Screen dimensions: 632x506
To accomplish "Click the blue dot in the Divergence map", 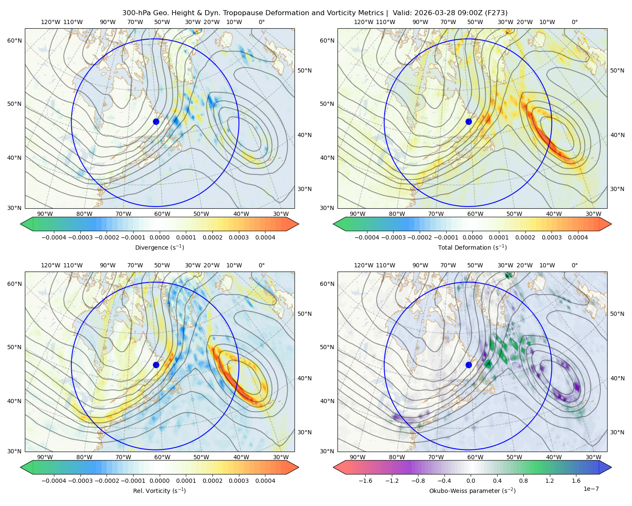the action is (x=156, y=121).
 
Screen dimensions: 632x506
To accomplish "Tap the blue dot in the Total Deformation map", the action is (x=469, y=121).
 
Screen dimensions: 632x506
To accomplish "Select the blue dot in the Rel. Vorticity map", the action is (x=156, y=365).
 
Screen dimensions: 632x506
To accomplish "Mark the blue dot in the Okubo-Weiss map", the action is (x=469, y=365).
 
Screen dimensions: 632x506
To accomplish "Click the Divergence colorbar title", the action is (x=159, y=247).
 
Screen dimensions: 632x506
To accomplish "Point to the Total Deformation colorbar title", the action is (x=472, y=247).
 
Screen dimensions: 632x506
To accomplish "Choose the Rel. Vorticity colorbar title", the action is (x=159, y=490).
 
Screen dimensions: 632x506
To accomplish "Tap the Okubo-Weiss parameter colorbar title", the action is (x=472, y=490).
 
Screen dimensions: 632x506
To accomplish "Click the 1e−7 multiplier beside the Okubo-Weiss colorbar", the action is (x=591, y=489).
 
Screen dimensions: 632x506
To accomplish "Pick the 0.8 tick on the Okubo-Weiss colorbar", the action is (x=523, y=480).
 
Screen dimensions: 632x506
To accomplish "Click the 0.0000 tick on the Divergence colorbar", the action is (x=159, y=237).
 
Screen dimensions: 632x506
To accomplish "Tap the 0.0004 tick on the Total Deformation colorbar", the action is (x=578, y=237).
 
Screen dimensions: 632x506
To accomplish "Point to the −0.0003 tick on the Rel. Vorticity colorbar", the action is (x=80, y=480).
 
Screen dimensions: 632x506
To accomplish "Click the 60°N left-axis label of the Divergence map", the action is (x=14, y=40).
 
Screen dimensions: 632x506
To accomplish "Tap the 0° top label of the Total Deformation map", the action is (x=574, y=22).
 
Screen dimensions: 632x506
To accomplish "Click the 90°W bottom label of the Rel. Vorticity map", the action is (x=45, y=457).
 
